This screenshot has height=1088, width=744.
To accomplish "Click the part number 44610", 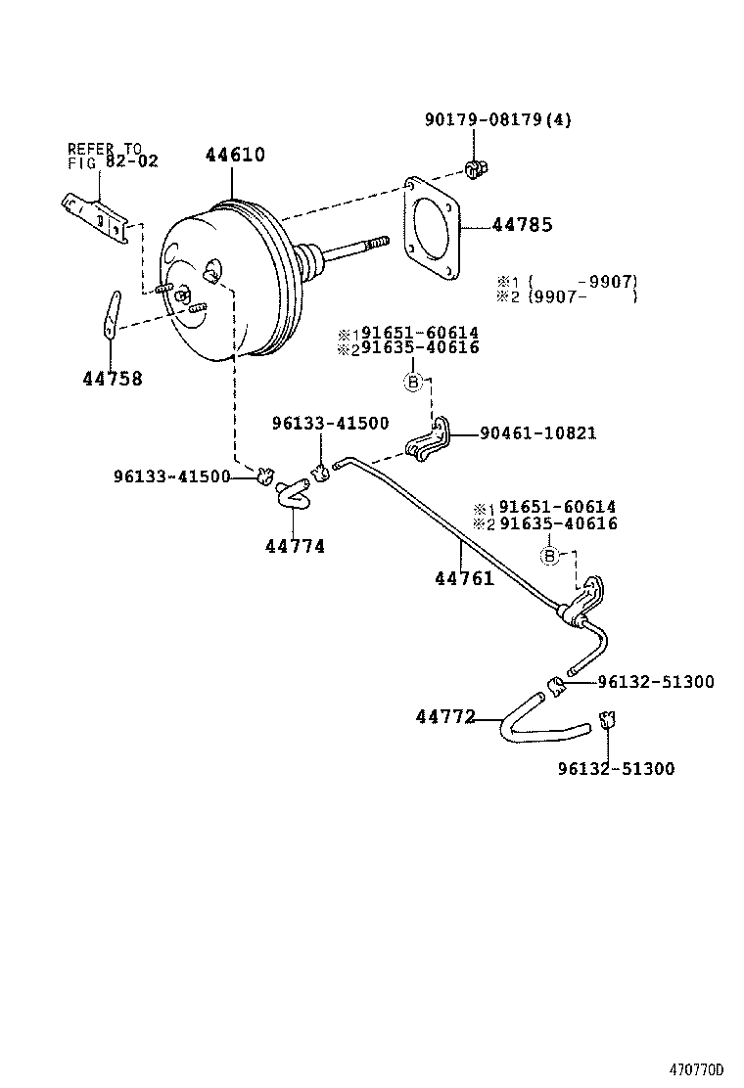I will coord(234,155).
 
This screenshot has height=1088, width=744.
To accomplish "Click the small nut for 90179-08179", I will coord(476,170).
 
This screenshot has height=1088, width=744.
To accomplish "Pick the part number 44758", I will coord(112,379).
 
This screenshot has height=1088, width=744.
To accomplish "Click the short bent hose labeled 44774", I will coord(291,493).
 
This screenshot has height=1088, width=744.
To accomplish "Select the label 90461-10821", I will coord(537,432).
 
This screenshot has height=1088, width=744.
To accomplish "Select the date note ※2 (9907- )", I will coord(567,296).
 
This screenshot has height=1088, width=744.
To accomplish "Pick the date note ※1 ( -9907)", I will coord(567,281).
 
